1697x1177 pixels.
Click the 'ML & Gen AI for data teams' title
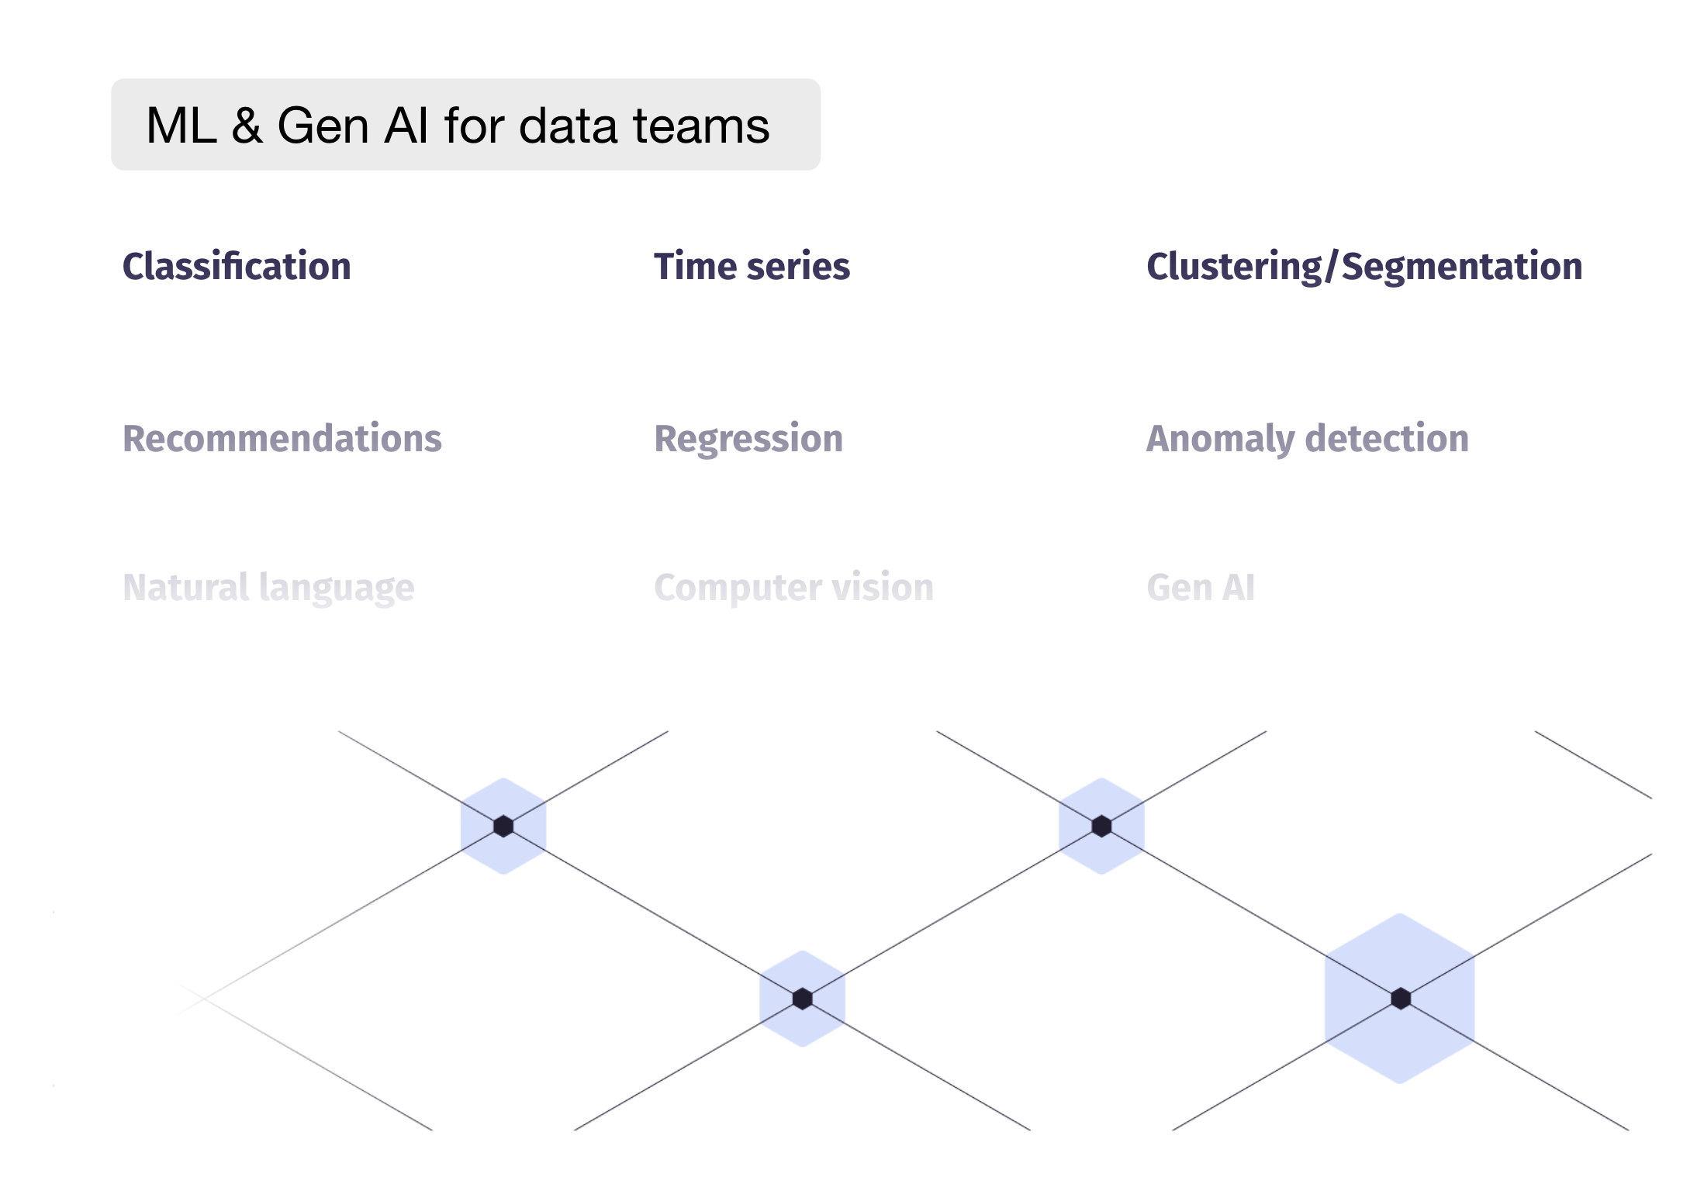458,126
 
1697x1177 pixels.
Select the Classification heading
237,266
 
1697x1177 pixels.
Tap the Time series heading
752,266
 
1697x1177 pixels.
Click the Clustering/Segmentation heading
1364,266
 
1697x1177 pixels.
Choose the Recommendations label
282,438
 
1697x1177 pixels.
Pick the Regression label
748,438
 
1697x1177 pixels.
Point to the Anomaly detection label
1308,438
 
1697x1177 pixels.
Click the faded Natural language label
268,588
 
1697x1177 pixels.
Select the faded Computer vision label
793,587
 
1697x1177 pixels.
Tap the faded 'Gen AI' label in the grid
1201,587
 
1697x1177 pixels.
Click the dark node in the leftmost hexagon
503,827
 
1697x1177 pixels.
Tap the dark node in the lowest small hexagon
803,999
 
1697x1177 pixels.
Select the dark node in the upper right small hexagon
1101,827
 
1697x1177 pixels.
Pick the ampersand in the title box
247,126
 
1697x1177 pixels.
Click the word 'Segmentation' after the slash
1462,266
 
